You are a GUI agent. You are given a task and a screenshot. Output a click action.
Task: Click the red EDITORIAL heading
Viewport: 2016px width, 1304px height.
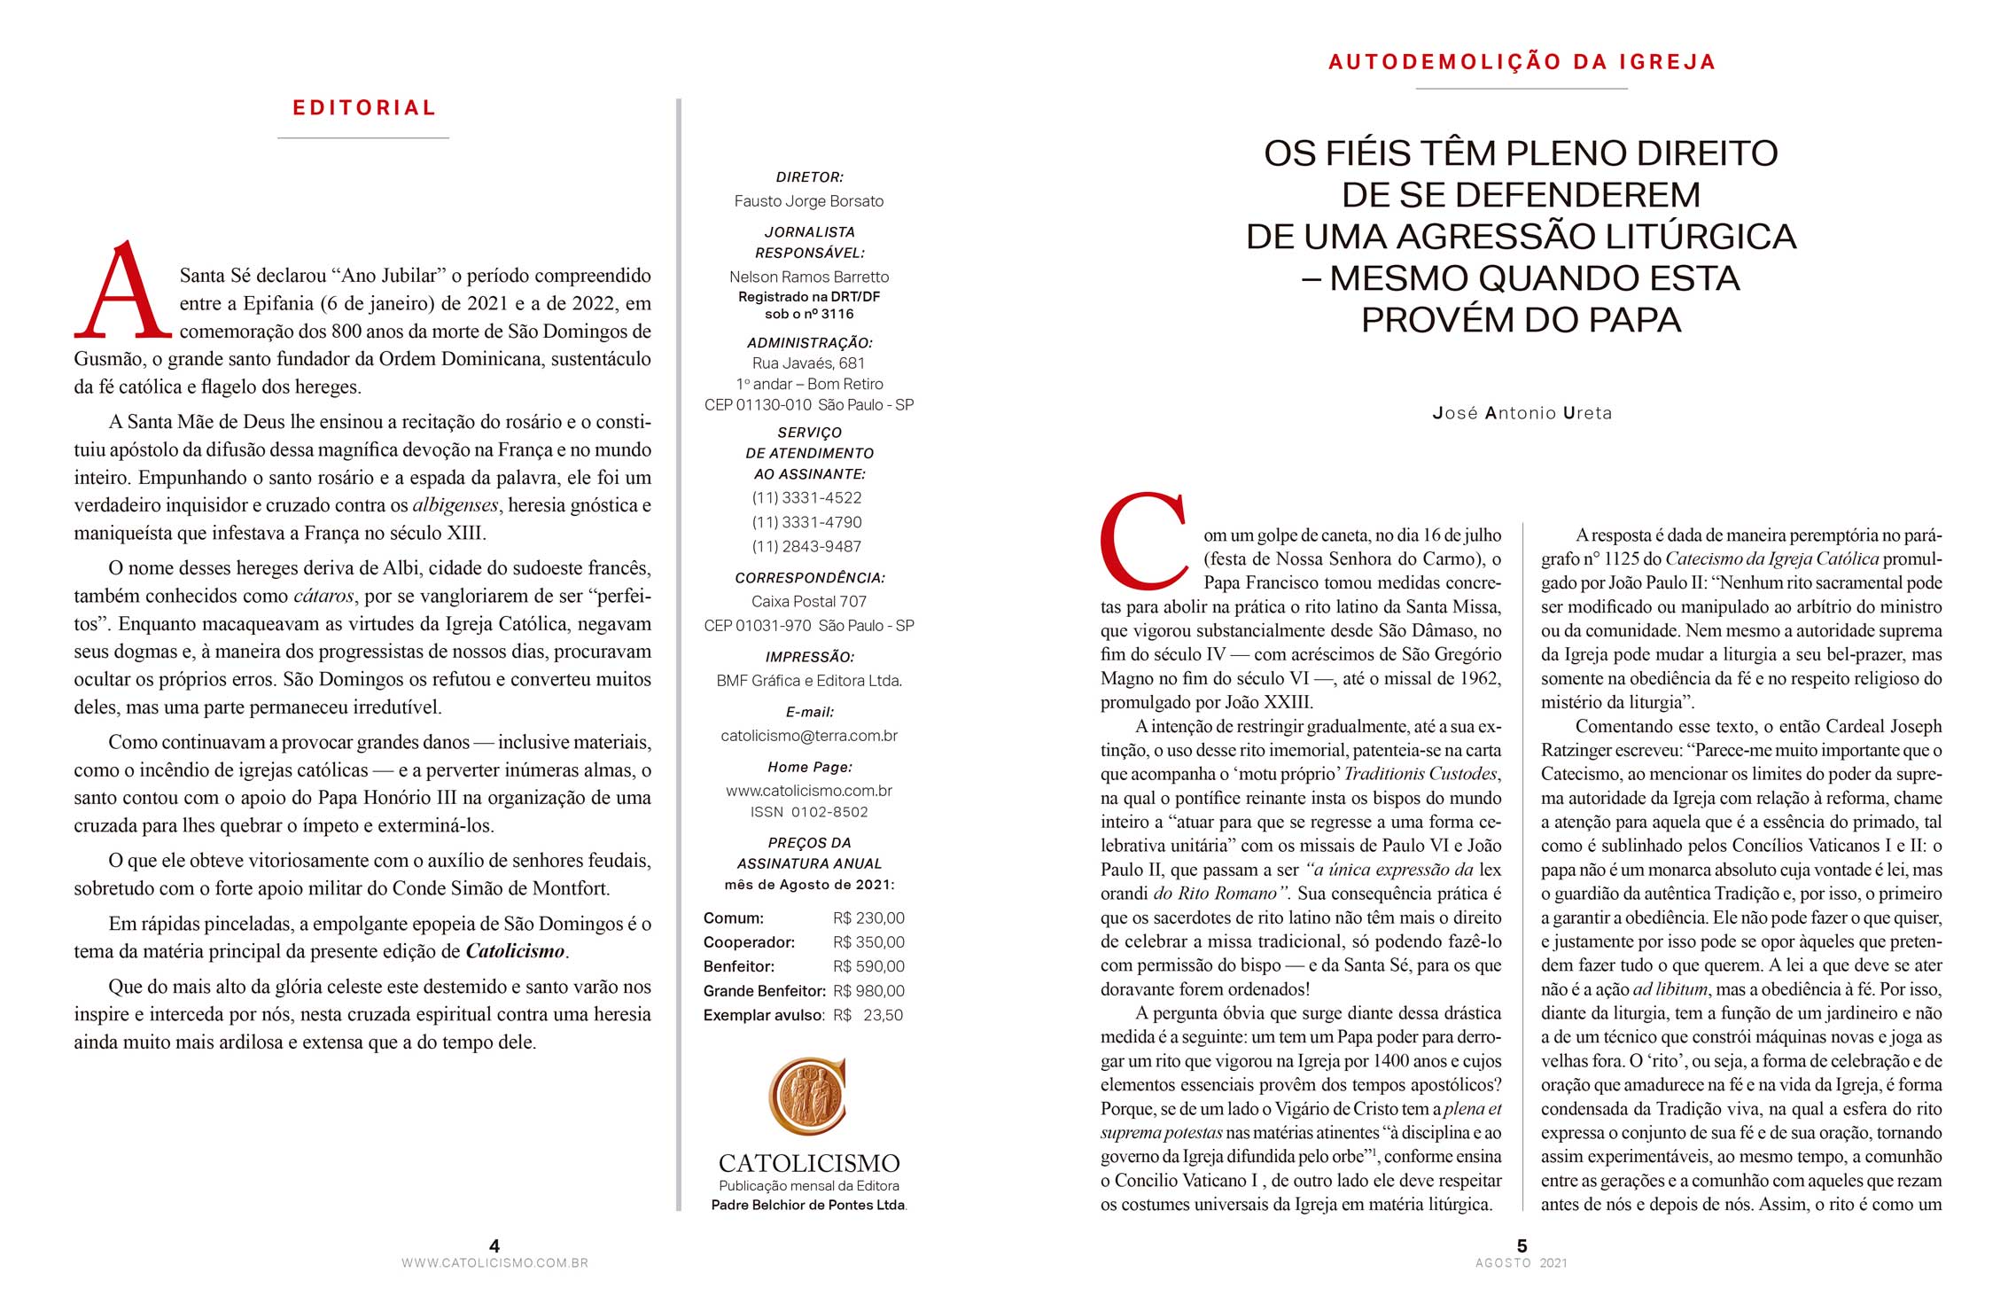pos(364,108)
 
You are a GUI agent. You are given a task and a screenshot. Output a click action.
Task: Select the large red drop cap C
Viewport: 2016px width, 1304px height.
pos(1143,540)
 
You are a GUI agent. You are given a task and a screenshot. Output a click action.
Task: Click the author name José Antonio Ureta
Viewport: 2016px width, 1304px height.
pos(1522,413)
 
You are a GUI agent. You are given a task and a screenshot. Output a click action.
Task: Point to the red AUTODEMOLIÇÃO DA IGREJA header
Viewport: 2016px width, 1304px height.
pos(1522,62)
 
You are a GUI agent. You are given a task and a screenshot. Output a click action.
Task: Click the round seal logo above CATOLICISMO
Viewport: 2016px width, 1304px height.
pos(807,1097)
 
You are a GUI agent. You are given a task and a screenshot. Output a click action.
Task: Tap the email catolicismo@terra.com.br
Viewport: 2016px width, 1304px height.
pos(809,736)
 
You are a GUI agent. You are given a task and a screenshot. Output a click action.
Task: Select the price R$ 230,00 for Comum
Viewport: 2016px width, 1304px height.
pos(868,918)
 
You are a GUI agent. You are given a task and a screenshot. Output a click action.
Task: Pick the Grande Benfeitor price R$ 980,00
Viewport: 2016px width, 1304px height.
pos(868,991)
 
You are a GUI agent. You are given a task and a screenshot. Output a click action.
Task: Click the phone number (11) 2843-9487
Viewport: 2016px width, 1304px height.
pos(806,547)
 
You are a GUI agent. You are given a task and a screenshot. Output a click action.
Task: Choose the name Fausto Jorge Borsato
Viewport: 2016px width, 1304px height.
pos(809,201)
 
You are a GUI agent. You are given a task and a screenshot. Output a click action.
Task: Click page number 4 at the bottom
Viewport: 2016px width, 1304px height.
pos(494,1246)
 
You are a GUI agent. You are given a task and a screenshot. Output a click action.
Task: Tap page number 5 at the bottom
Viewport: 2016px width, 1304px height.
pos(1522,1246)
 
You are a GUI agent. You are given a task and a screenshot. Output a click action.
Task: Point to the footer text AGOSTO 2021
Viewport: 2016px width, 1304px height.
pos(1521,1263)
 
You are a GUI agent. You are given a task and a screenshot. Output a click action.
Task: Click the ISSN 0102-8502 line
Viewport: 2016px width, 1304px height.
pos(809,812)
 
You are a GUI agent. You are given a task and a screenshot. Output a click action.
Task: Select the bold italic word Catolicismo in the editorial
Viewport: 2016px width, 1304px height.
pos(515,951)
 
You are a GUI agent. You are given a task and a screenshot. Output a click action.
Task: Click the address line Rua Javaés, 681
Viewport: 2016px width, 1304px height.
pos(808,363)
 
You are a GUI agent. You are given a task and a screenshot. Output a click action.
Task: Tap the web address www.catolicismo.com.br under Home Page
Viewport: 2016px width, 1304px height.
pos(809,791)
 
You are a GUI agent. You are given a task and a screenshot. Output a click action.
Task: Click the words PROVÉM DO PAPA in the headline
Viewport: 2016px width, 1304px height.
pos(1521,320)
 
